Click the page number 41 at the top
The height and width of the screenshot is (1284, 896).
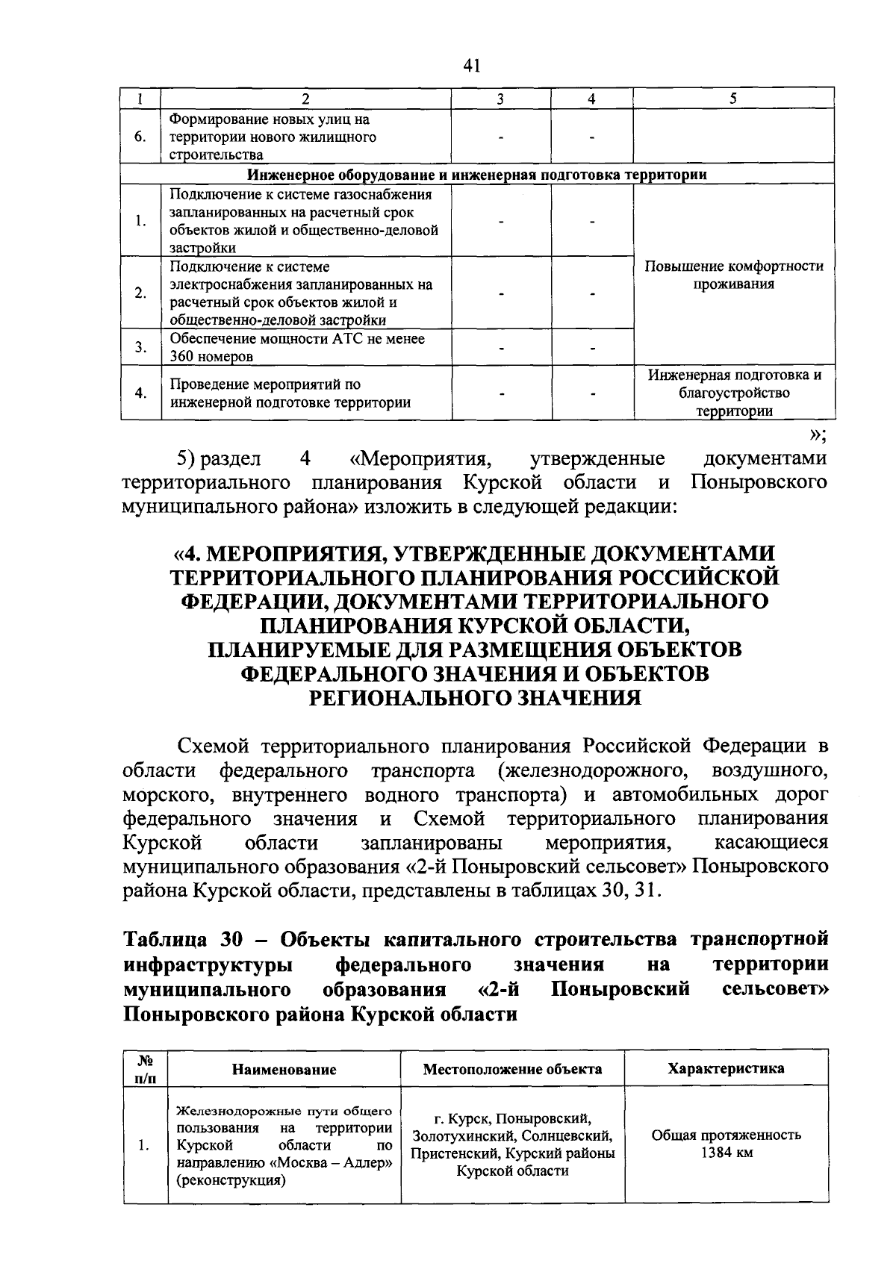click(470, 66)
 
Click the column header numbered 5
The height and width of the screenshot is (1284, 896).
click(733, 99)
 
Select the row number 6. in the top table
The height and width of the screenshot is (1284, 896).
click(140, 137)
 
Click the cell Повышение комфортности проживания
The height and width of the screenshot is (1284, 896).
click(733, 275)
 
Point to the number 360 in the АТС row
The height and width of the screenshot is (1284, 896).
click(181, 357)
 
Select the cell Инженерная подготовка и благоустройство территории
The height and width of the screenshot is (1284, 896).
click(733, 393)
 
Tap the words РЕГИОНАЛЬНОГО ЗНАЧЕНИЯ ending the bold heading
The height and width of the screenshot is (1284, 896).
click(476, 697)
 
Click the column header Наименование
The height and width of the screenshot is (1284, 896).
click(284, 1070)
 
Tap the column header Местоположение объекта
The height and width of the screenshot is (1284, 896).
click(512, 1069)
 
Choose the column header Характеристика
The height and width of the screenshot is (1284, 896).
click(726, 1068)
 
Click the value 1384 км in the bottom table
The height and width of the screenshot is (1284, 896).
click(726, 1153)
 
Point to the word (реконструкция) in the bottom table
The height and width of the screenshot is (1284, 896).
click(231, 1181)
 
